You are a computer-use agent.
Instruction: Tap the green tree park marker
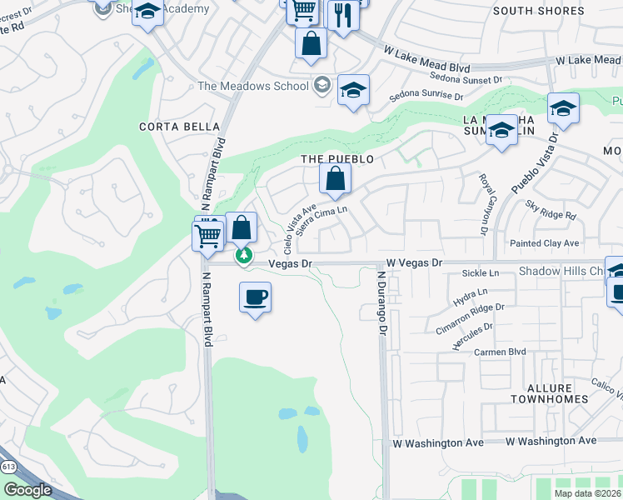244,256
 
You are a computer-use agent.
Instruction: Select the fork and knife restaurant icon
342,15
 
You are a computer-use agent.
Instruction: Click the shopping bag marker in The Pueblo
334,179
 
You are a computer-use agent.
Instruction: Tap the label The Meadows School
252,86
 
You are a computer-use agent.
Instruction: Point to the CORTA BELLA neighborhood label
180,127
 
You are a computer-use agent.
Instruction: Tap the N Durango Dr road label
382,302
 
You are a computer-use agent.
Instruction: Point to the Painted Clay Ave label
546,243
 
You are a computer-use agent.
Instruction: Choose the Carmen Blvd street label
499,352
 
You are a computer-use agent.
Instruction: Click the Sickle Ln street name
480,272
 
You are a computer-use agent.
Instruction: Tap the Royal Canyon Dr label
482,204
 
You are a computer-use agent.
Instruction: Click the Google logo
27,490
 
